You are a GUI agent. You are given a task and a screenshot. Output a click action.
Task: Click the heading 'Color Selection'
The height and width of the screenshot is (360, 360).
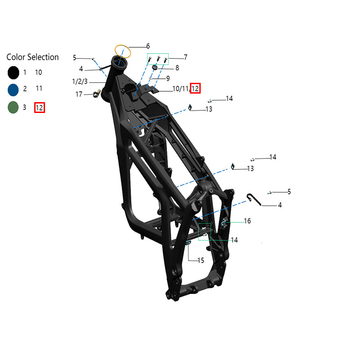pos(32,57)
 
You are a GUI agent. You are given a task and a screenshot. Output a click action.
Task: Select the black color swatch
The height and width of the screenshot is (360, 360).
pos(13,72)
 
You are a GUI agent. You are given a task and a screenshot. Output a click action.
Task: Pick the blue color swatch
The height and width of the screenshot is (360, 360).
pos(13,90)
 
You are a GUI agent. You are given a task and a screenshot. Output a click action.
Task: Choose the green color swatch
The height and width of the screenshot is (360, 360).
pos(13,107)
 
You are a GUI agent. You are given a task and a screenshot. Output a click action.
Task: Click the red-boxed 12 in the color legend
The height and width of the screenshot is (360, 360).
pos(40,108)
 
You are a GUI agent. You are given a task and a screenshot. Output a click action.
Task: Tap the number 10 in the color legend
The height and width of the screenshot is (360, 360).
pos(38,72)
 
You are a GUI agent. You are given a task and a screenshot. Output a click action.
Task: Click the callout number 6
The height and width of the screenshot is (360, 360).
pos(148,46)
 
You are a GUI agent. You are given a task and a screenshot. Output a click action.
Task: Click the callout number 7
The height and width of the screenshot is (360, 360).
pos(185,57)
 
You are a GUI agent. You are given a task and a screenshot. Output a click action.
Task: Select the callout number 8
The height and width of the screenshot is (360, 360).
pos(177,68)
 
